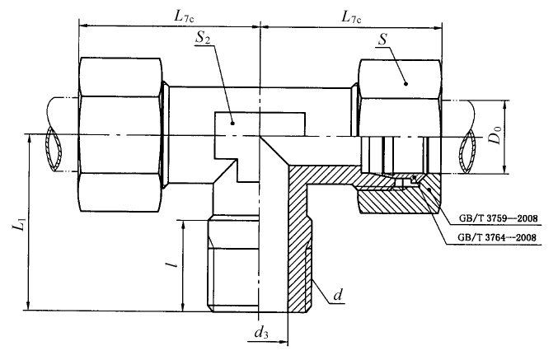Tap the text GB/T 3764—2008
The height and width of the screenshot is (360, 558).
click(494, 239)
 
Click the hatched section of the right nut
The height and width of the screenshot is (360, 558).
click(396, 200)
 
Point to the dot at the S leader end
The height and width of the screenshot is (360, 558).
click(405, 81)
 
